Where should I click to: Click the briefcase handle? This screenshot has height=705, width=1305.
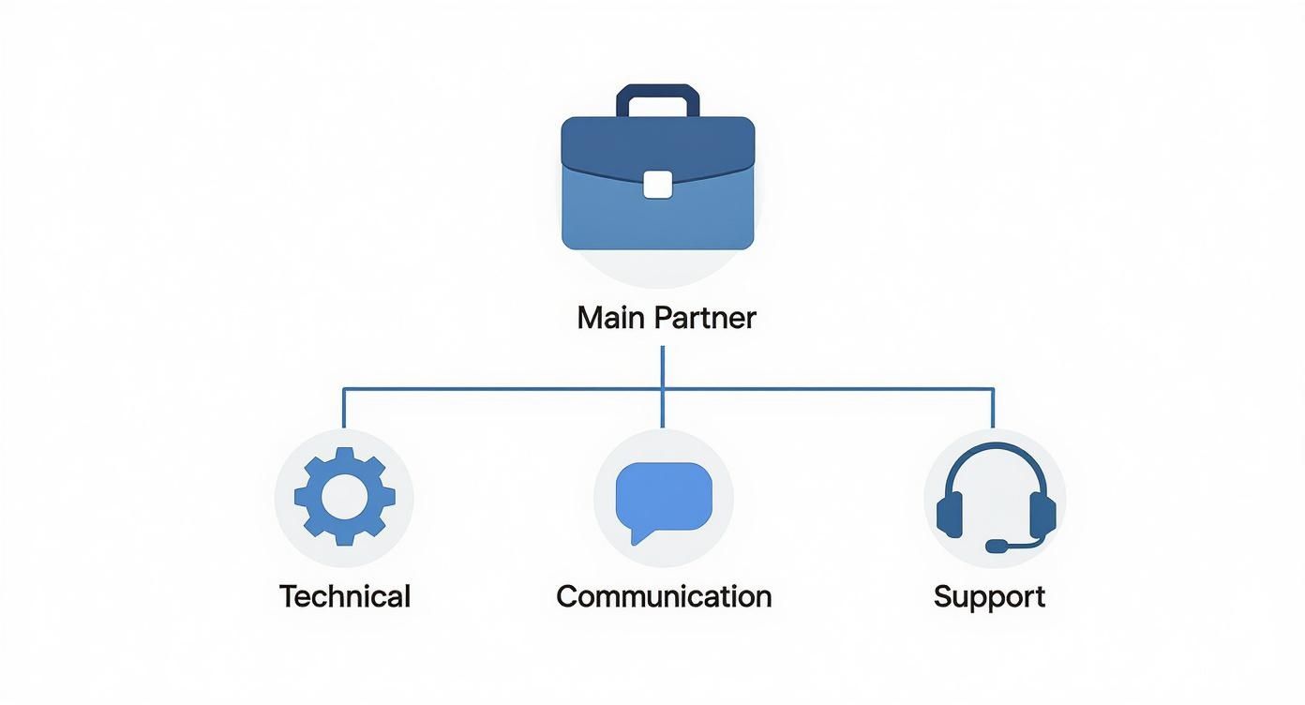(x=657, y=91)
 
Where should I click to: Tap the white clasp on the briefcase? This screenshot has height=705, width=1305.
(x=657, y=185)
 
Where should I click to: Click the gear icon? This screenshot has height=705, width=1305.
(x=344, y=497)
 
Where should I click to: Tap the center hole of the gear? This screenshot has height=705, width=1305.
(x=344, y=497)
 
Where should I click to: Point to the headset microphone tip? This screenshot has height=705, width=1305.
(x=993, y=546)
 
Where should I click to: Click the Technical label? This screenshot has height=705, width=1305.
(x=344, y=596)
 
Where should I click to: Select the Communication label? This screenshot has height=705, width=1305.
(x=663, y=596)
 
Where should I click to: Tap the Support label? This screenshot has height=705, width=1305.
(x=989, y=596)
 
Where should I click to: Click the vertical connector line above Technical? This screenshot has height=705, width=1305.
(x=343, y=408)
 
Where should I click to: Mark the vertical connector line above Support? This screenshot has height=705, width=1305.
(x=992, y=408)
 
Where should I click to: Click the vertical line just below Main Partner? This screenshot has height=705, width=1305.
(x=663, y=366)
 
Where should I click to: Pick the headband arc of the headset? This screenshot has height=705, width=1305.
(x=996, y=453)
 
